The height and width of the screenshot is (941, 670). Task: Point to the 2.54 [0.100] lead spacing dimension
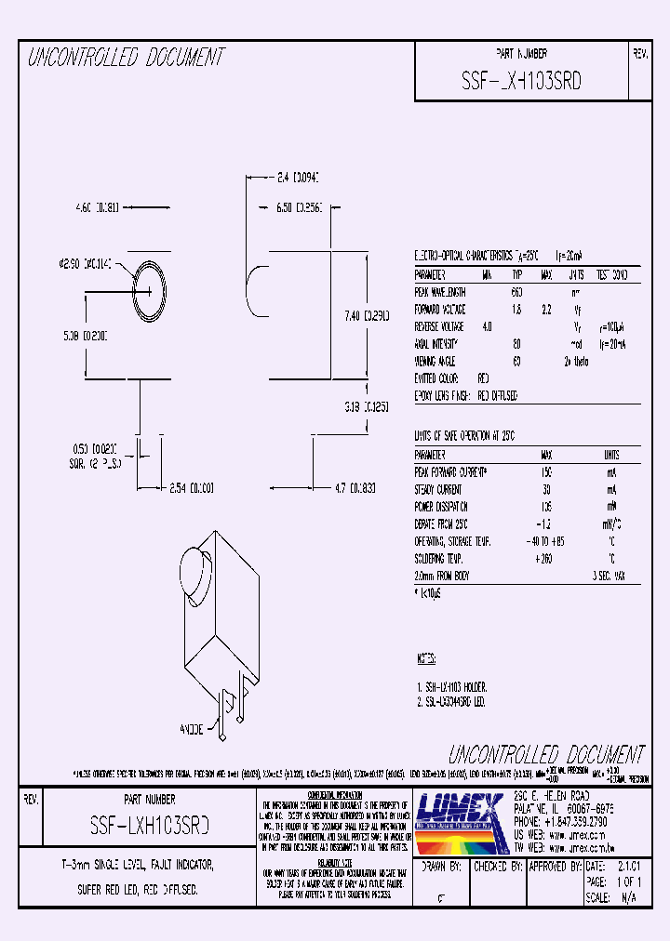(x=192, y=487)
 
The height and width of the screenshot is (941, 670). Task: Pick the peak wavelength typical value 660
(x=516, y=292)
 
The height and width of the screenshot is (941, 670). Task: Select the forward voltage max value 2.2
(x=547, y=309)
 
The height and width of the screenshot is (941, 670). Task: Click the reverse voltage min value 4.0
(x=487, y=326)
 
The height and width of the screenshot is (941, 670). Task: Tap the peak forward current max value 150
(x=545, y=472)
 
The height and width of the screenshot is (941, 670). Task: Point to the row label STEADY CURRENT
(x=438, y=489)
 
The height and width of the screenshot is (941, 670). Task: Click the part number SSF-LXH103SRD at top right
(x=521, y=81)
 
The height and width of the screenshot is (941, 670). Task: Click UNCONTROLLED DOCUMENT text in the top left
(x=126, y=58)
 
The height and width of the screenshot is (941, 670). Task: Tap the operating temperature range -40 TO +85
(x=545, y=540)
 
